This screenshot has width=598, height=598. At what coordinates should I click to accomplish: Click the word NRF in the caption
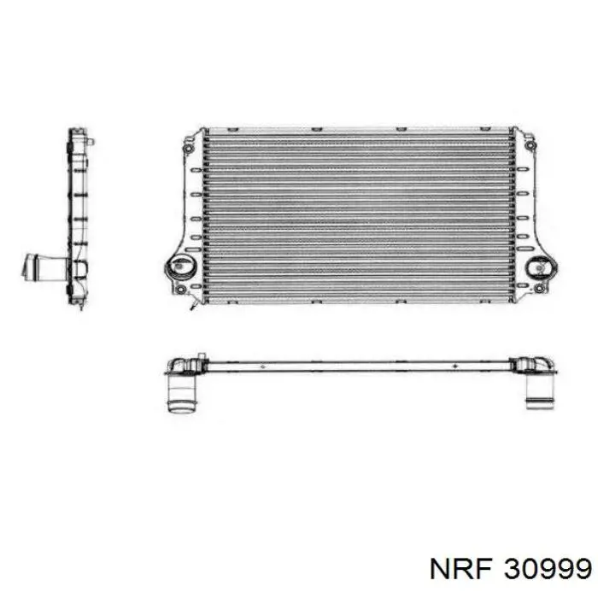coord(468,567)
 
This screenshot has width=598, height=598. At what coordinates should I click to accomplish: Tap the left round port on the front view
coord(181,268)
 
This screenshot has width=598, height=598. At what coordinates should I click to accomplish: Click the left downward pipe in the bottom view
coord(181,396)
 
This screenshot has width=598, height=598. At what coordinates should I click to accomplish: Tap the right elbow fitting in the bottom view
coord(536,366)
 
